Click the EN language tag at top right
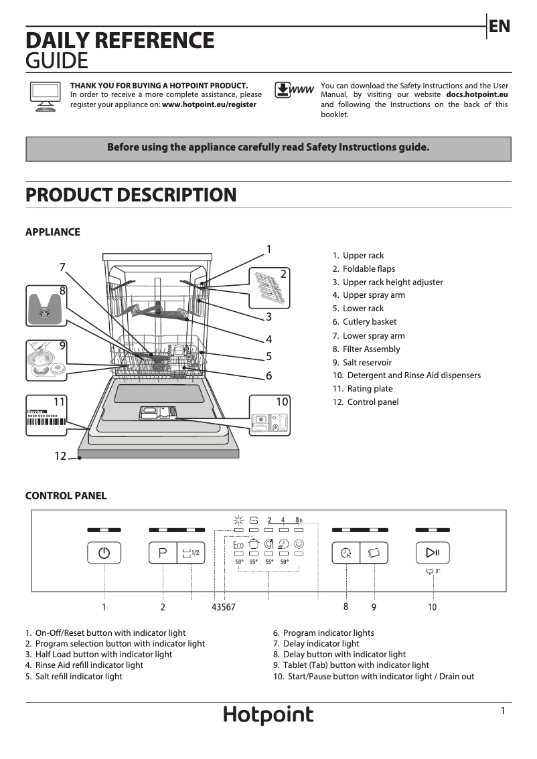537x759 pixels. click(500, 27)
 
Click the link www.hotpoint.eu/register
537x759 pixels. click(209, 105)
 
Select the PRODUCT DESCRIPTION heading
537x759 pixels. click(131, 195)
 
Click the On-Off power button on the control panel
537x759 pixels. click(104, 553)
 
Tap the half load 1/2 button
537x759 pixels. click(191, 553)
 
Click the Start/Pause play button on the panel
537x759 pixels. click(432, 553)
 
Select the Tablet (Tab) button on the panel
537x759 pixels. click(374, 553)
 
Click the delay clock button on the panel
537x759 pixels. click(346, 553)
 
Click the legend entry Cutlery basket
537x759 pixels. click(369, 322)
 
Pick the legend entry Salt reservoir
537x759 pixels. click(367, 362)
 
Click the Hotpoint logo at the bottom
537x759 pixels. click(268, 715)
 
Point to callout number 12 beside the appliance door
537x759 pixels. click(60, 456)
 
